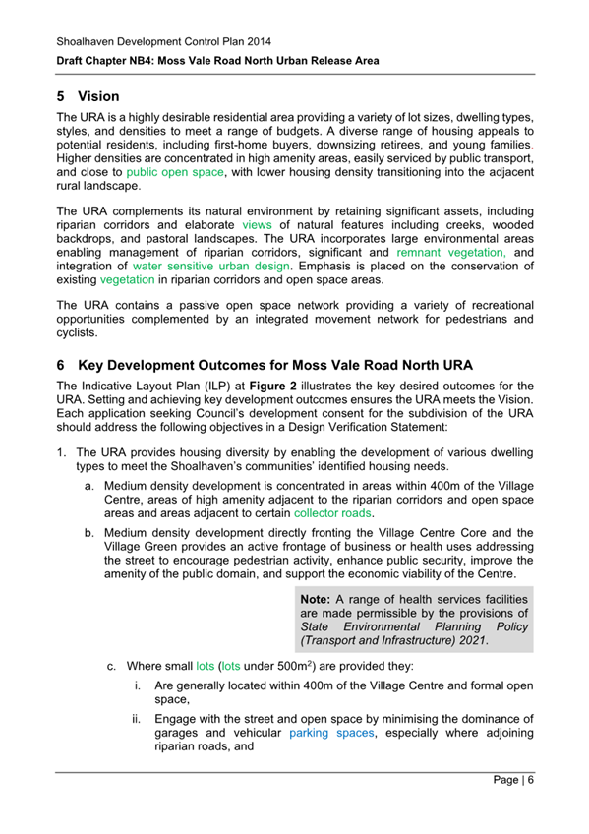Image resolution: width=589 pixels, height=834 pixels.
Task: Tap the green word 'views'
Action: click(257, 224)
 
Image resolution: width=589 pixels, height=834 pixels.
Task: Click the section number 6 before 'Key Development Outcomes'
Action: click(61, 364)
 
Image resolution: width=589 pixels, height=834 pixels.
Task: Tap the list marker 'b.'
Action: click(89, 533)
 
